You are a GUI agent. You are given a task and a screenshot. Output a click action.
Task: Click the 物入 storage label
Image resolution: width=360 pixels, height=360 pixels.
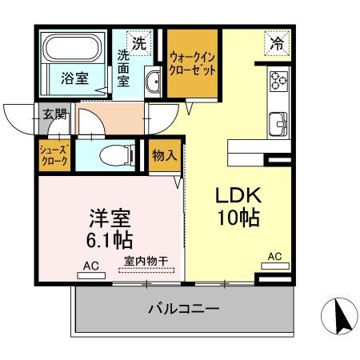165,155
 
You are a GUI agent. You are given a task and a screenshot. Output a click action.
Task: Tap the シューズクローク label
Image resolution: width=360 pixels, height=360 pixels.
54,155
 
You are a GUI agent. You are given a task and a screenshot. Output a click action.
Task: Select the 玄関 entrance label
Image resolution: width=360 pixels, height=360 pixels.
55,114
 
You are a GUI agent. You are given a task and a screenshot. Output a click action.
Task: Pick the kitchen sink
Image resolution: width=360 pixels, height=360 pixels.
278,123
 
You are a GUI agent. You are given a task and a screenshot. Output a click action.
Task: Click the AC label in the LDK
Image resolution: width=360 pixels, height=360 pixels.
274,256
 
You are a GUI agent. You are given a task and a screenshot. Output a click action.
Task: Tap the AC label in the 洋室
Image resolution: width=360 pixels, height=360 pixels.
90,265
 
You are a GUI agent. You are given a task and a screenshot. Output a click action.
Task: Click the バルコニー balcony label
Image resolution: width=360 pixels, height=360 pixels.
183,309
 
